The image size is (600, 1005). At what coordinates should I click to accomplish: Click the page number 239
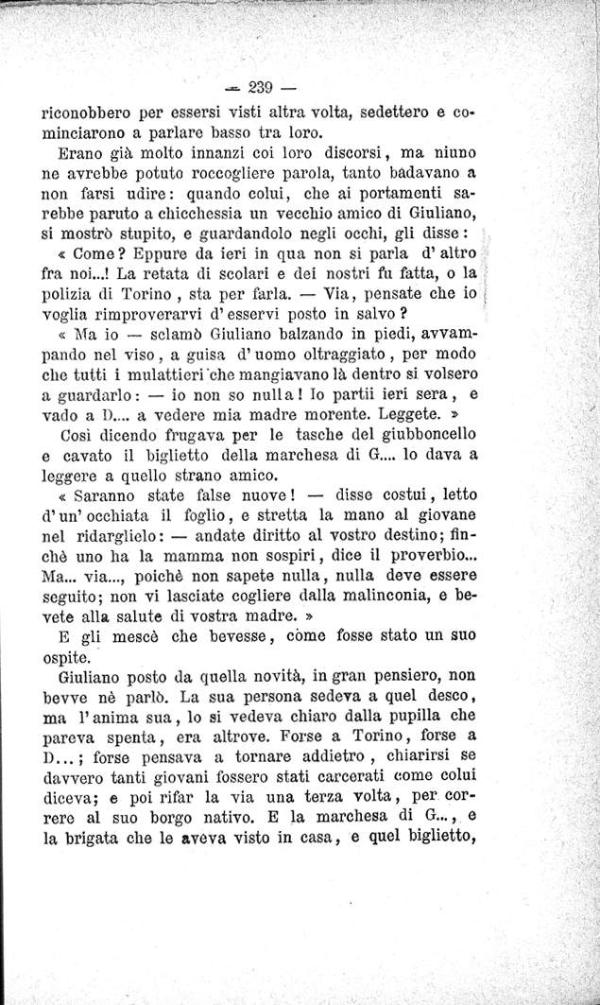tap(259, 89)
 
